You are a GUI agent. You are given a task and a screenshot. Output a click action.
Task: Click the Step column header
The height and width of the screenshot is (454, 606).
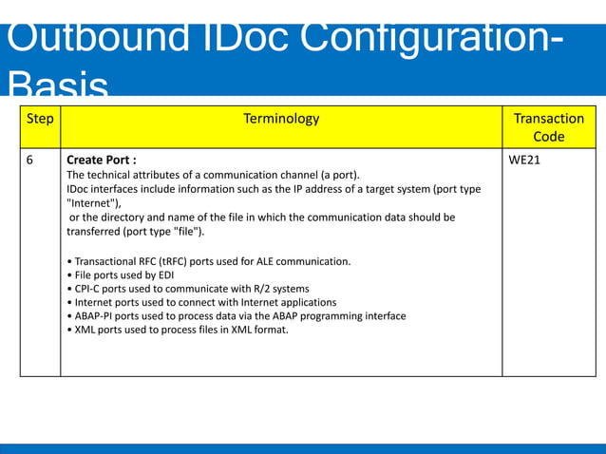40,119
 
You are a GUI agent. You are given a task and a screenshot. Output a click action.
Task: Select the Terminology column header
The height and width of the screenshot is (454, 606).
281,119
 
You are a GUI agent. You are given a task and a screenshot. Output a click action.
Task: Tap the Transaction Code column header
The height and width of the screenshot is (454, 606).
548,127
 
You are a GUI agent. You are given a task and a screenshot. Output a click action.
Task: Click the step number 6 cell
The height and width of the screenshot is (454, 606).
29,161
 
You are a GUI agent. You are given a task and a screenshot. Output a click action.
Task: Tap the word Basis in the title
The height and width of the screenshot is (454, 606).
55,86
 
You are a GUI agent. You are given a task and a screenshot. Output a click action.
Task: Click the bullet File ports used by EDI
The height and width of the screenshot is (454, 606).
124,275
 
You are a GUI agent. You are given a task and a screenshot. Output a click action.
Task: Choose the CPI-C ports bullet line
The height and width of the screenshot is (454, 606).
189,289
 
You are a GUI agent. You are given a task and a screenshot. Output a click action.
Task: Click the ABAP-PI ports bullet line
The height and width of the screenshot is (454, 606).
237,316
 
